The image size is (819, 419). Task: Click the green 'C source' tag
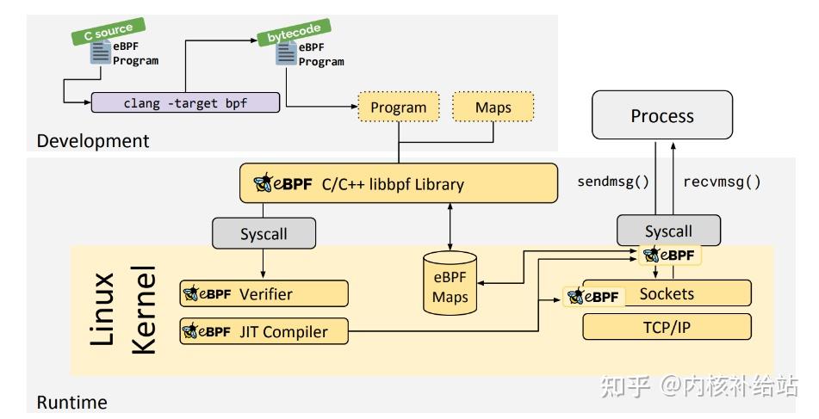108,34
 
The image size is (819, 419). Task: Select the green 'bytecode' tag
285,34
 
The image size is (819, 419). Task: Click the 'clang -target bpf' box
186,102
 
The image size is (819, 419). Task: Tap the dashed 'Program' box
398,108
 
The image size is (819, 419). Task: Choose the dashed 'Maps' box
493,108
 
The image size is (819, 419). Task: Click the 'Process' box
661,115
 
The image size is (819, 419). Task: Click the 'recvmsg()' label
722,182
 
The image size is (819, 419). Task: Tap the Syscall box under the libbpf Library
264,233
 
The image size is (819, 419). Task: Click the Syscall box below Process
667,231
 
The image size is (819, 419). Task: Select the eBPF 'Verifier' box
264,293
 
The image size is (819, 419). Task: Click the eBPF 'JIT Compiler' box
264,331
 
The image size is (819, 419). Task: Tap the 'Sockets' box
667,294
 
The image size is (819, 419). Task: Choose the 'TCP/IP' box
667,327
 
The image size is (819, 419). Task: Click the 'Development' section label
93,140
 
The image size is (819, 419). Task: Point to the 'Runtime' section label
71,402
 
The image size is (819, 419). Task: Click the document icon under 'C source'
101,52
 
